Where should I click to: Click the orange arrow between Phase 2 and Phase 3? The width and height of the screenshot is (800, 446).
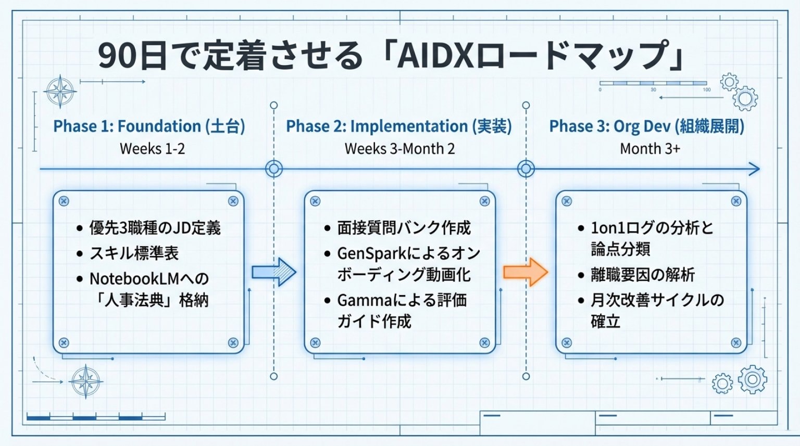coord(525,272)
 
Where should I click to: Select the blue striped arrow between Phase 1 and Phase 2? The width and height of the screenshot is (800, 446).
coord(274,272)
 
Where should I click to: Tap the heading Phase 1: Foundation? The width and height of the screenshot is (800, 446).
coord(149,126)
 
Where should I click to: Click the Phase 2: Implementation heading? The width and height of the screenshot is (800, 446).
coord(399,126)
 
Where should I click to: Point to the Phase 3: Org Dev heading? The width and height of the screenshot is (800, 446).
coord(646,126)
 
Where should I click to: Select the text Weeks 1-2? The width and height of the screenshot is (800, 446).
coord(152,149)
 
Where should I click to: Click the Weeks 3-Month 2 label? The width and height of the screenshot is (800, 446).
coord(399,149)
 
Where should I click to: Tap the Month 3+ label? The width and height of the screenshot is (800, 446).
coord(649,149)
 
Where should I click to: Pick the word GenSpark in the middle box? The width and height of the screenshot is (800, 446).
coord(370,253)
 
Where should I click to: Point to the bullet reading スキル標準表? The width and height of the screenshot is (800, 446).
coord(134,253)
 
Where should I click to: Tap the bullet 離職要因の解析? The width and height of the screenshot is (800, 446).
coord(643,274)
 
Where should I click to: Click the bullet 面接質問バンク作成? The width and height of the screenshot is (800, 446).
coord(404,228)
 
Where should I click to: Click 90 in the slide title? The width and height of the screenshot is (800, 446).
coord(115,56)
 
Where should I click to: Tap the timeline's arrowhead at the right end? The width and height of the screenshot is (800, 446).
coord(755,169)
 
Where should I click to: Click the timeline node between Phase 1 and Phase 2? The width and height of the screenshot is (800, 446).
coord(274,169)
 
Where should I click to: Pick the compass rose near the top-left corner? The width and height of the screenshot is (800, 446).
coord(60,92)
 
